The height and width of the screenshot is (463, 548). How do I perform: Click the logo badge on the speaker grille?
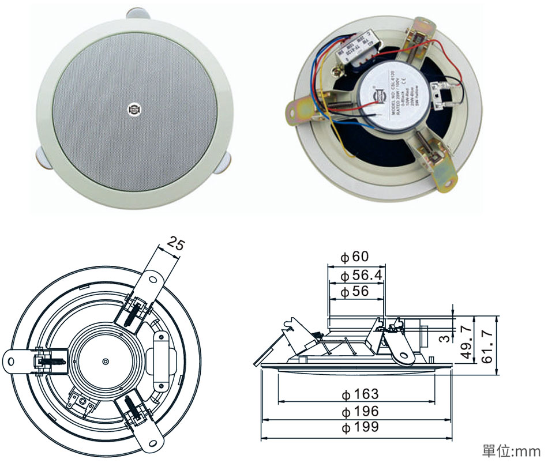pos(134,108)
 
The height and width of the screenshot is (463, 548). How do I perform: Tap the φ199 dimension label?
pos(360,427)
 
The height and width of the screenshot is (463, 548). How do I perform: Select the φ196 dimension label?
pos(360,411)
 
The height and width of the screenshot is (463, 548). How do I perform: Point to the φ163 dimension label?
pos(360,394)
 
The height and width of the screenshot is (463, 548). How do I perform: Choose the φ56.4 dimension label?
pos(361,275)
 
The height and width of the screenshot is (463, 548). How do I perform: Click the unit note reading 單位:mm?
pos(512,449)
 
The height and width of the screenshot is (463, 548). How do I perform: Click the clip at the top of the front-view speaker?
pos(136,12)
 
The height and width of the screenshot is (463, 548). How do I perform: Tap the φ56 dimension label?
pos(354,292)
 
